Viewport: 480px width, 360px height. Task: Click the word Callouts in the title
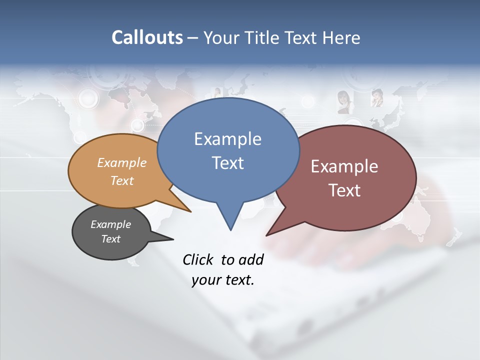(147, 37)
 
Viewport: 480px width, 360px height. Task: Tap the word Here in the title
(342, 37)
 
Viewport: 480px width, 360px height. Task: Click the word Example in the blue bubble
(227, 139)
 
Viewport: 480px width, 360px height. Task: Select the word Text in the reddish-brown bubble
(344, 190)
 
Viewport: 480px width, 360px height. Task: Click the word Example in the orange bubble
(122, 163)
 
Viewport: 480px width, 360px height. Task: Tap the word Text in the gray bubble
(111, 239)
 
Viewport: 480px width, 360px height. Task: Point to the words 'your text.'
(223, 280)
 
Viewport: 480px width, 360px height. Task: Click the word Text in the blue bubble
(228, 163)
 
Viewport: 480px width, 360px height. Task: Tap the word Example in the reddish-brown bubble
(344, 166)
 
